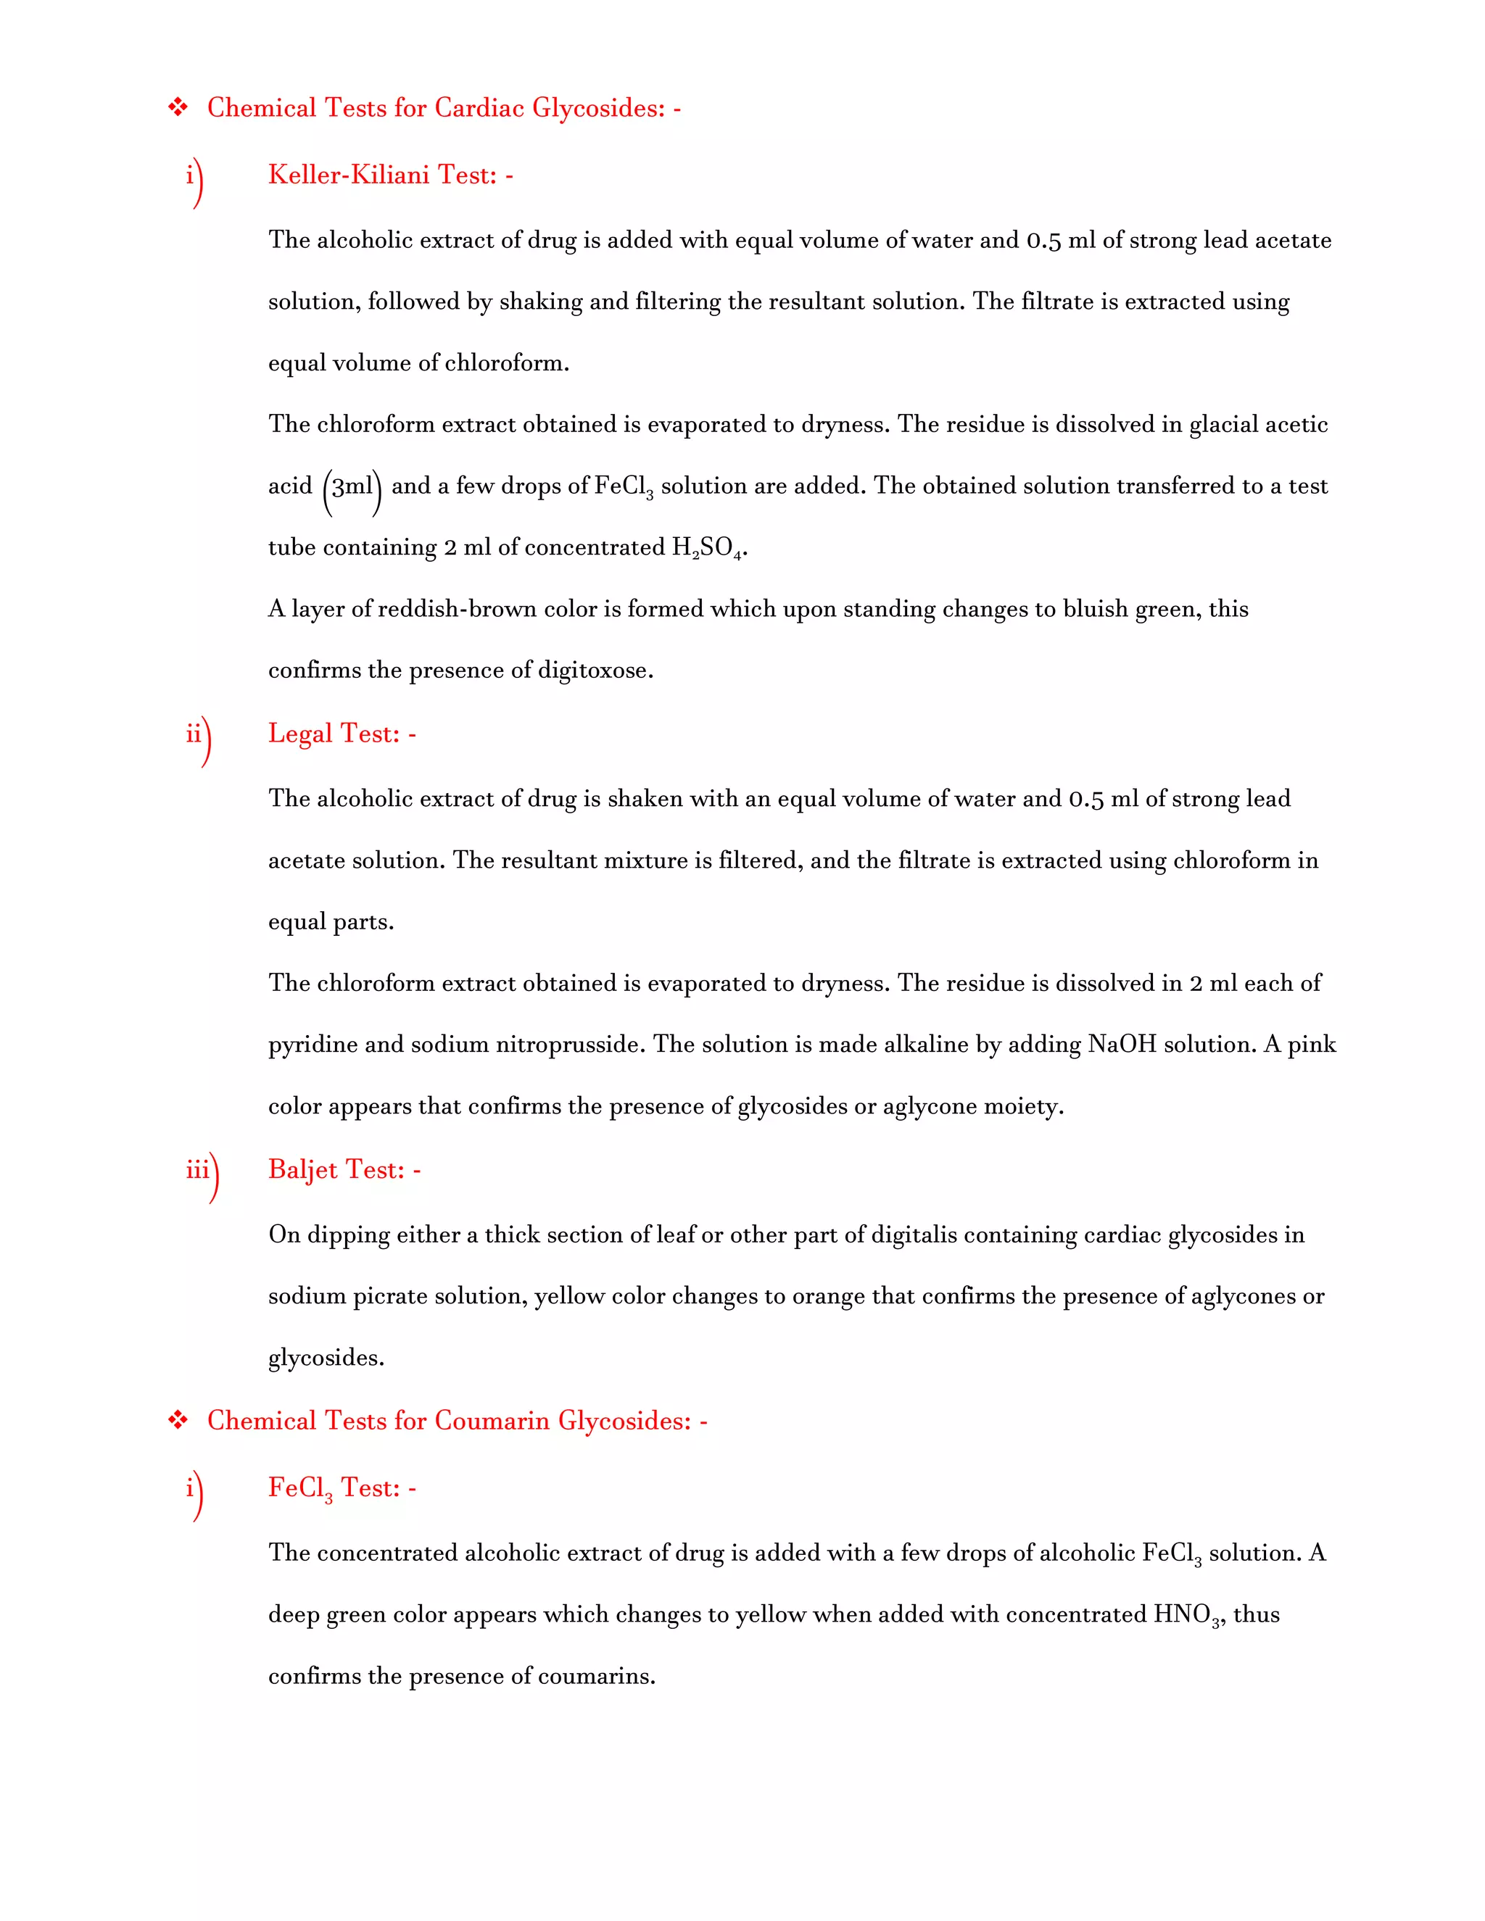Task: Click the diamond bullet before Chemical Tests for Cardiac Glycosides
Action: [x=178, y=108]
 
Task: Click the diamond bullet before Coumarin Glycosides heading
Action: [x=178, y=1421]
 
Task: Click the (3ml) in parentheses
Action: [x=352, y=487]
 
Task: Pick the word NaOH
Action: [x=1122, y=1045]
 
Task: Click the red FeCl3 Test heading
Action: [x=342, y=1488]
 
